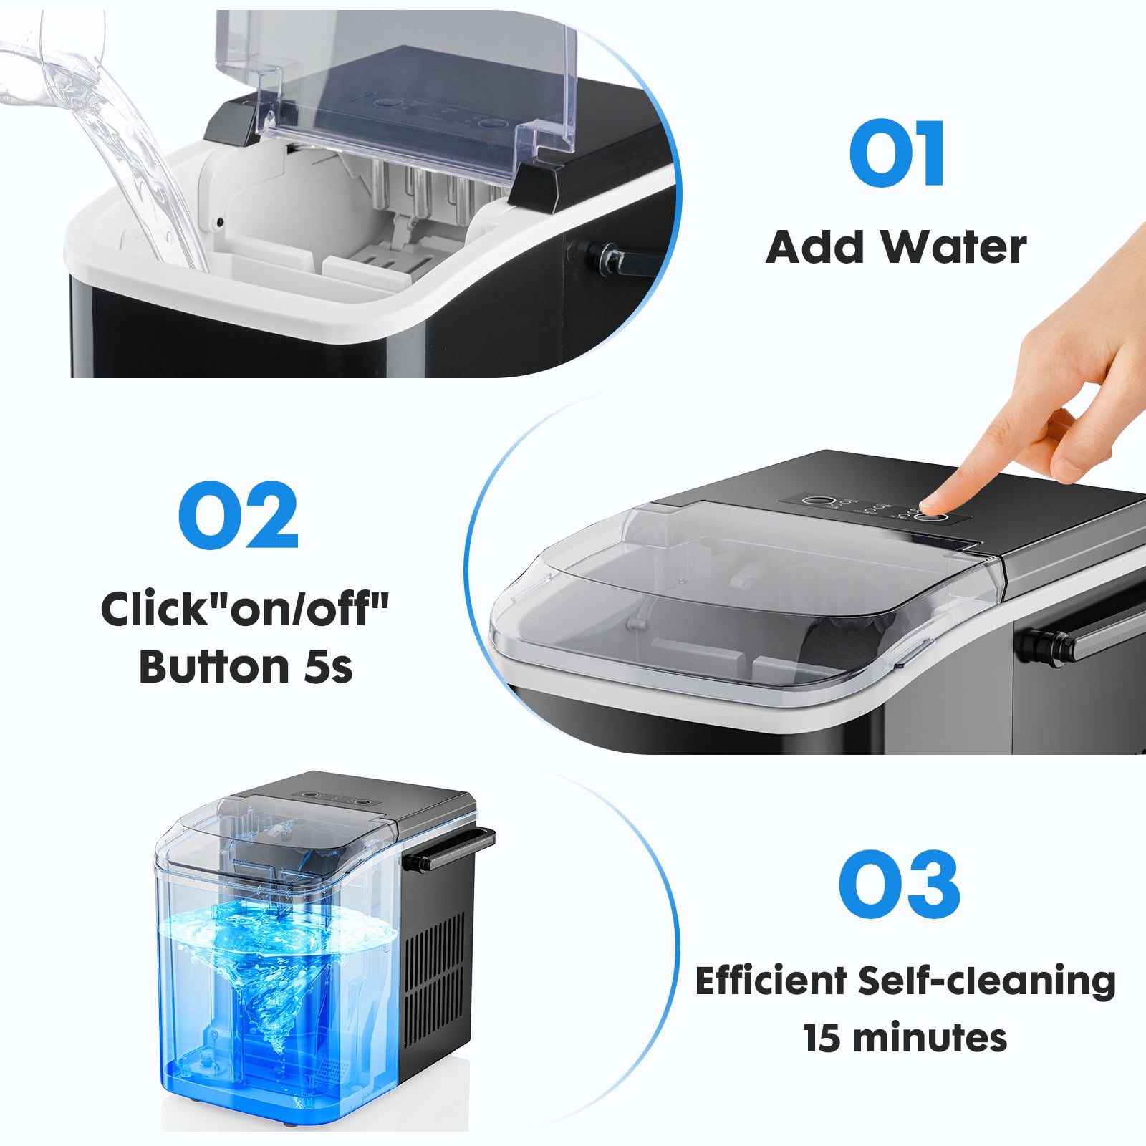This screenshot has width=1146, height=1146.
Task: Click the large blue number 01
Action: pos(897,153)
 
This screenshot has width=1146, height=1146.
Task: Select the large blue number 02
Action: pos(238,515)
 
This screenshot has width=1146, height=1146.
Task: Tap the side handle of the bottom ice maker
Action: pos(451,849)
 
